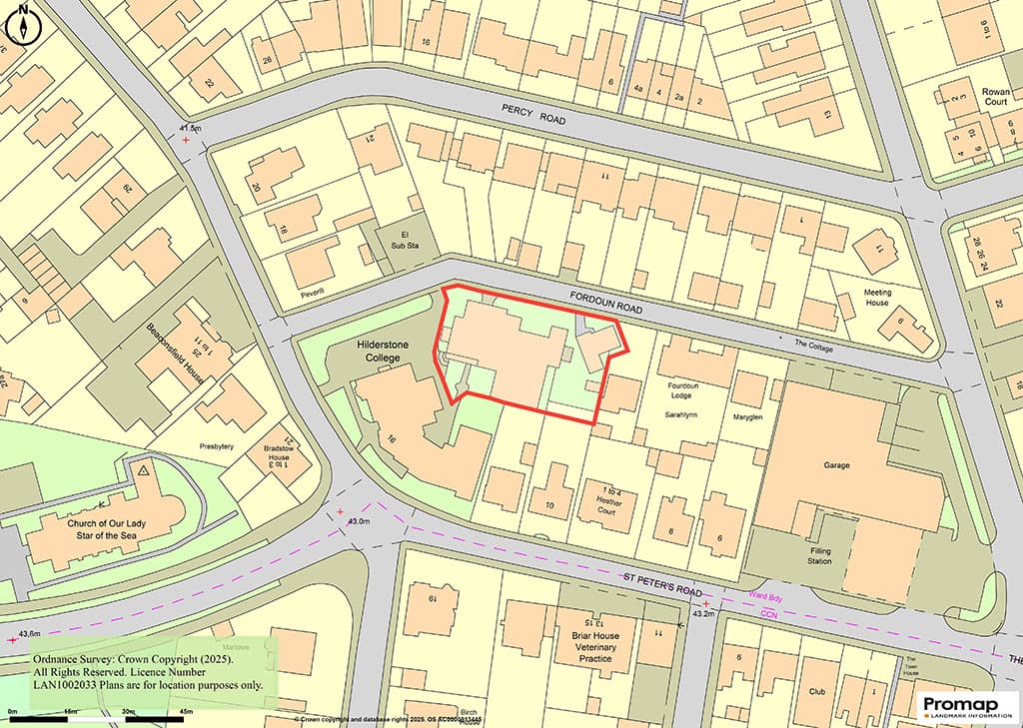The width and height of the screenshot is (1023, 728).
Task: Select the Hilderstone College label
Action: tap(385, 349)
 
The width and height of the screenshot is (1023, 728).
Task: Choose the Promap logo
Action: tap(967, 706)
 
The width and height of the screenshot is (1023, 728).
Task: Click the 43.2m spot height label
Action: tap(704, 614)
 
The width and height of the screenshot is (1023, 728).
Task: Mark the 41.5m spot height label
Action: tap(190, 129)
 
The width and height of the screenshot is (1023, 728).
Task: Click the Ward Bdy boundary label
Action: tap(768, 597)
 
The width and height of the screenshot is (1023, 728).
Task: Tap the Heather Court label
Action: tap(608, 498)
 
